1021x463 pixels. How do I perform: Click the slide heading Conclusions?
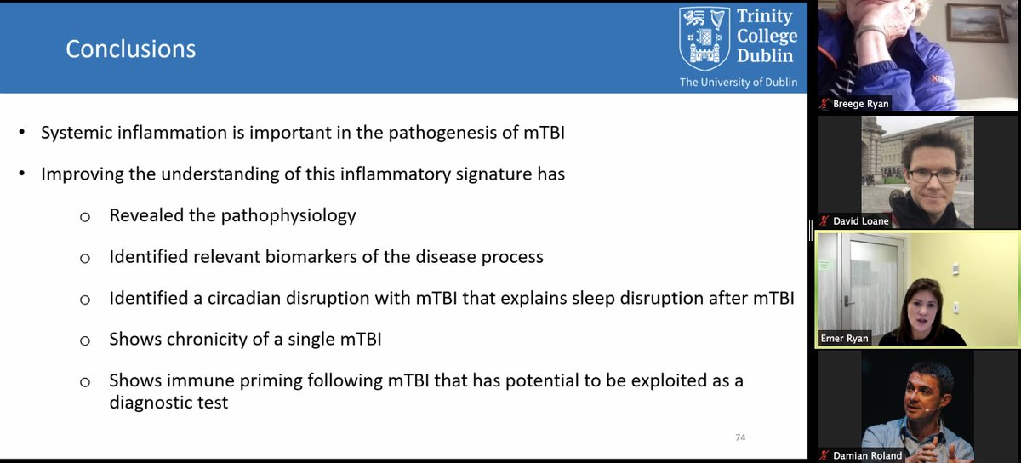pos(131,49)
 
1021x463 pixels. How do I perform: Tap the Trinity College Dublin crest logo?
pos(704,38)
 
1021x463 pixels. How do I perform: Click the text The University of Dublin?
pos(738,83)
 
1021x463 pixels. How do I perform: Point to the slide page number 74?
pos(740,437)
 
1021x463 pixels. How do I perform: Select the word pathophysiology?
pos(289,215)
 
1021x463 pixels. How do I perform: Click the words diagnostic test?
pos(168,403)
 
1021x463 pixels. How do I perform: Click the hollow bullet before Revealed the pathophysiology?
pos(84,216)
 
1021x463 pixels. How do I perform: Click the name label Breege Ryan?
pos(862,104)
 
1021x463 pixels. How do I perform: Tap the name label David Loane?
pos(861,220)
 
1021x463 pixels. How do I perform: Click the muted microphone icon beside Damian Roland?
pos(824,454)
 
